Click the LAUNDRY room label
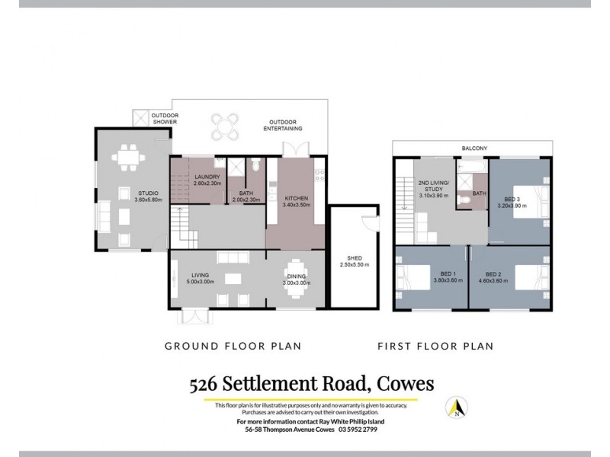[207, 177]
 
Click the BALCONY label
[474, 148]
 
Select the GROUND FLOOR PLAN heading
[233, 346]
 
